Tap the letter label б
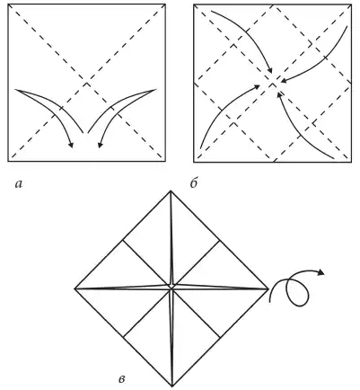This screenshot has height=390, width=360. tap(194, 183)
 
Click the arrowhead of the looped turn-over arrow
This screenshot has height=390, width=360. tap(321, 272)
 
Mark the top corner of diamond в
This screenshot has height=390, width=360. tap(171, 191)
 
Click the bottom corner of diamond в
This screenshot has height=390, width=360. tap(172, 386)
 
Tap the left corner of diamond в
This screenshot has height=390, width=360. tap(75, 288)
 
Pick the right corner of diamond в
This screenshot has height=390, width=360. tap(268, 288)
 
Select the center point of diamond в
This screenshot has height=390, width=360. tap(171, 287)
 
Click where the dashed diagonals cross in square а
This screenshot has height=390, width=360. tap(87, 83)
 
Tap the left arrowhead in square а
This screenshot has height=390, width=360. tap(71, 145)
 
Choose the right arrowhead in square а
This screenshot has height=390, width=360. tap(101, 145)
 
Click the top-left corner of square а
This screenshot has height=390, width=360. tap(8, 4)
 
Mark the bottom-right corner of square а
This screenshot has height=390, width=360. tap(165, 162)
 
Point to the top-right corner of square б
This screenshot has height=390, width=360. tap(352, 4)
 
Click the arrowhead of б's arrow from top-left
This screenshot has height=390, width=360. tap(270, 70)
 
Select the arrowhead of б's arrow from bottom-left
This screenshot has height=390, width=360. tap(257, 86)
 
